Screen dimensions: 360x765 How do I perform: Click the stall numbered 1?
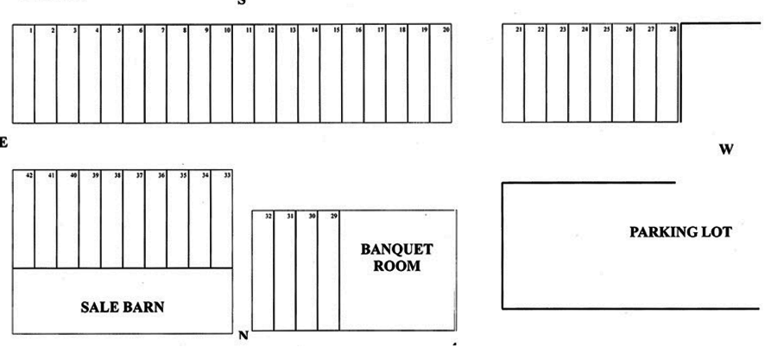click(x=24, y=73)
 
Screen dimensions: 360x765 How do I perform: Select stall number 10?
click(x=221, y=73)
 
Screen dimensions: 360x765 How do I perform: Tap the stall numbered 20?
click(x=440, y=73)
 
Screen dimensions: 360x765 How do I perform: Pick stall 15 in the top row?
click(x=331, y=73)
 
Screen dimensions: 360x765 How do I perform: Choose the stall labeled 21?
click(x=514, y=73)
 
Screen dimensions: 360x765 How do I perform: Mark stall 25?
click(x=602, y=73)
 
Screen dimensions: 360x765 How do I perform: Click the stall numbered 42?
click(x=24, y=220)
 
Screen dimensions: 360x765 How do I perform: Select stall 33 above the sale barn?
click(x=222, y=220)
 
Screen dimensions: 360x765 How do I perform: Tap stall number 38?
click(x=112, y=220)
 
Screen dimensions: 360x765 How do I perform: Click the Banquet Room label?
click(x=396, y=257)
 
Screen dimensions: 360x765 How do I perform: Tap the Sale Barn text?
click(x=123, y=306)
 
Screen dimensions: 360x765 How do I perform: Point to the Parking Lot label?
click(x=680, y=231)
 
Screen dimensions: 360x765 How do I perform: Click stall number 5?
click(x=112, y=73)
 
